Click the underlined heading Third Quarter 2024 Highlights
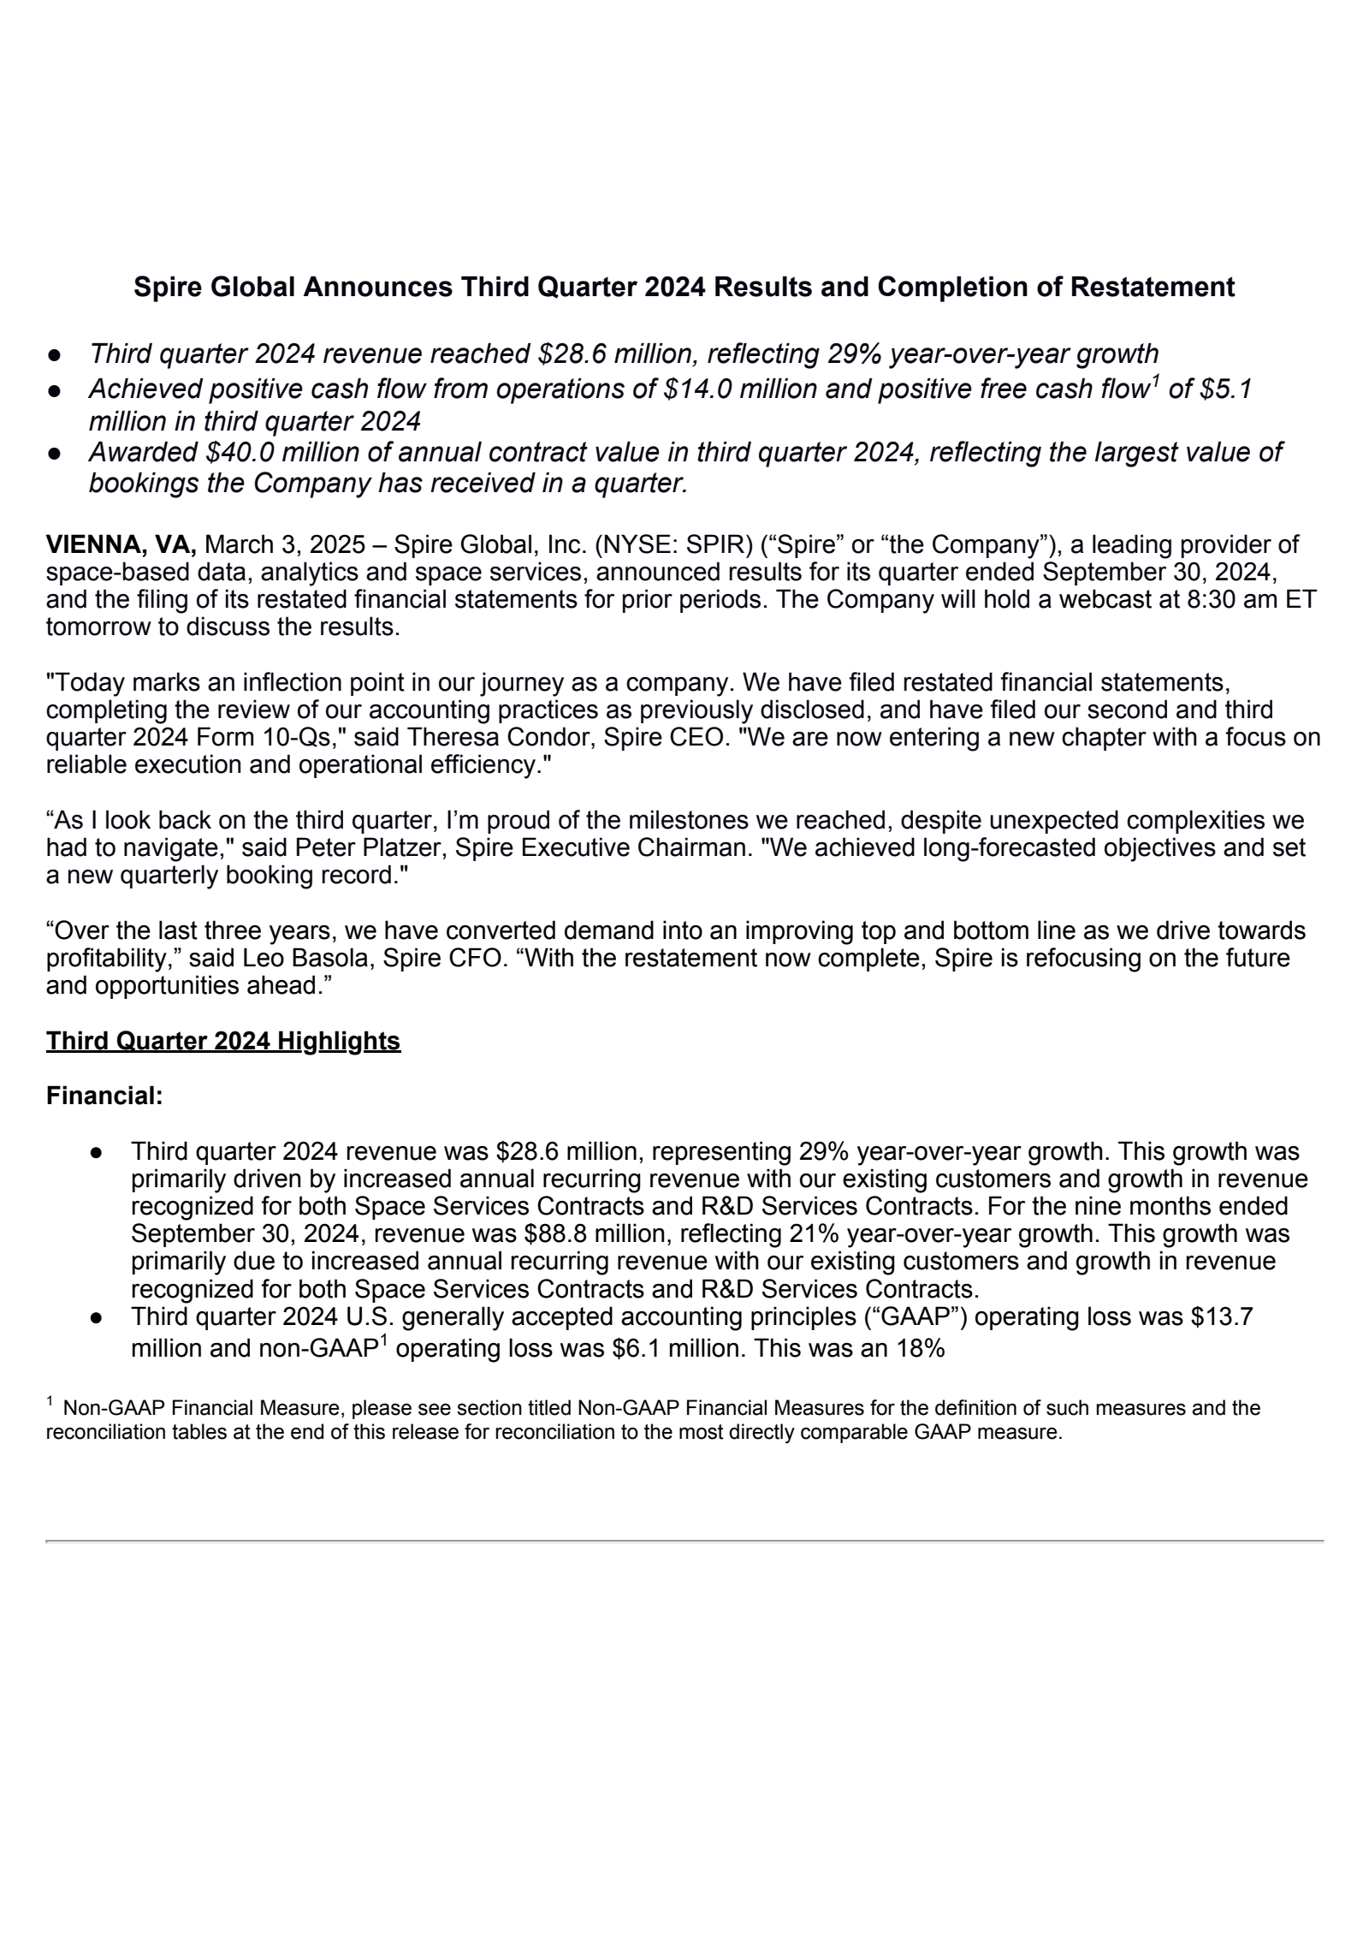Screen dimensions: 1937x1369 pyautogui.click(x=222, y=1042)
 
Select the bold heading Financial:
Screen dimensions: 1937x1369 pyautogui.click(x=104, y=1096)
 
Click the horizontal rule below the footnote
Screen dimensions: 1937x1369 pyautogui.click(x=684, y=1542)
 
